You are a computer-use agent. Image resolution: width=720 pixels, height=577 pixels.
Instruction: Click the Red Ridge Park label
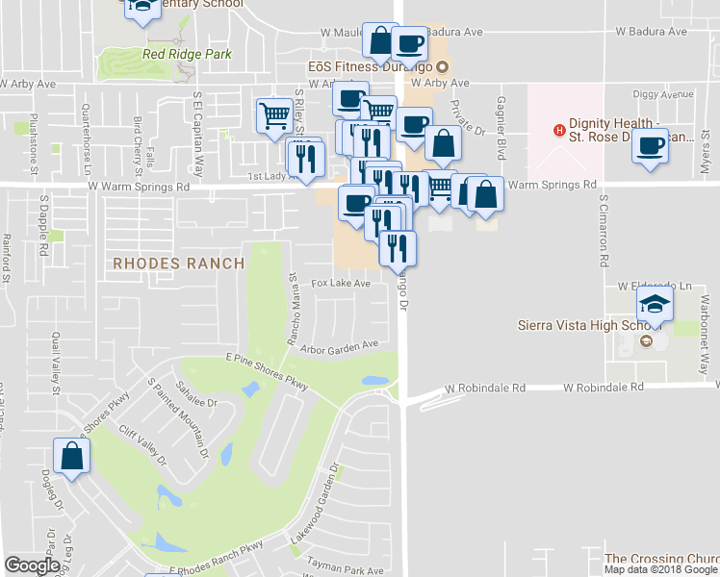(187, 55)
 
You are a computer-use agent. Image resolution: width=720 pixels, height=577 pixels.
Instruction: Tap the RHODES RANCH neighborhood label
(179, 263)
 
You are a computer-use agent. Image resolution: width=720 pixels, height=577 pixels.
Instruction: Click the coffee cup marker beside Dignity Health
(651, 146)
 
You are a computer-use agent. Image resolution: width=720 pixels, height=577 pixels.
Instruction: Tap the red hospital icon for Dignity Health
(556, 131)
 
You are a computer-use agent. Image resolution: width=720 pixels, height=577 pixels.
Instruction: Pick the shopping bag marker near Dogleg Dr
(71, 457)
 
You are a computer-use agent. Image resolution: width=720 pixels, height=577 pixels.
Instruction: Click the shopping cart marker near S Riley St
(274, 115)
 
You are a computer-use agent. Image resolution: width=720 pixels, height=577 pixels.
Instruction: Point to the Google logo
(33, 565)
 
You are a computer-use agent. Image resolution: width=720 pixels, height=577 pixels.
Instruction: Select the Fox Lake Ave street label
(341, 284)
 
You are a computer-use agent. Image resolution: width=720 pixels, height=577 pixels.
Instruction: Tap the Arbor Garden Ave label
(339, 347)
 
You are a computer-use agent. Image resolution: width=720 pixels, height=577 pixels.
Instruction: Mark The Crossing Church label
(660, 558)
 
